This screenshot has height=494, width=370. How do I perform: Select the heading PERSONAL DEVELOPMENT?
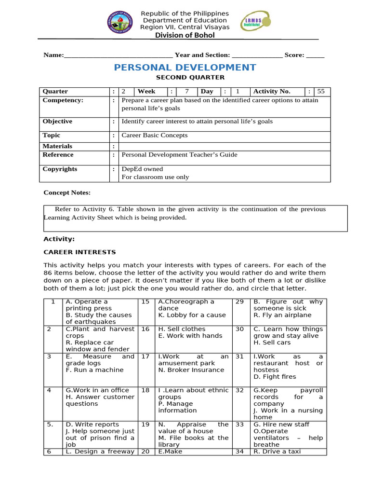coord(185,68)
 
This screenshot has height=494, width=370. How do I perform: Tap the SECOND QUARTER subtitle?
coord(184,77)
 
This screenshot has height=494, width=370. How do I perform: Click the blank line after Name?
coord(118,55)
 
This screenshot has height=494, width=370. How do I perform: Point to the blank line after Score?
coord(315,55)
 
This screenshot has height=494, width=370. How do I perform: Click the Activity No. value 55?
coord(321,91)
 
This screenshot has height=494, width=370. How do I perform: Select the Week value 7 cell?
coord(186,91)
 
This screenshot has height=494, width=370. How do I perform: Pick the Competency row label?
coord(63,100)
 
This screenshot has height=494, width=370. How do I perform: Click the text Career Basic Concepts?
coord(154,136)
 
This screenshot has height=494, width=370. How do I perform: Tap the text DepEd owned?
coord(142,169)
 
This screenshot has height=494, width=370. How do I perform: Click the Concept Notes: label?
coord(67,192)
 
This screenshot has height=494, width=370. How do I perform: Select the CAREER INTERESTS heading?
coord(79,252)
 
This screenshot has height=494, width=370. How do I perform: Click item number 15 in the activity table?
coord(145,302)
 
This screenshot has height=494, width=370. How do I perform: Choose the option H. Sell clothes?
coord(180,329)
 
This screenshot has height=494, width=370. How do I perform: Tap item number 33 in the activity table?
coord(239,425)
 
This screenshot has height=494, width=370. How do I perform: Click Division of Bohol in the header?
coord(185,35)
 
